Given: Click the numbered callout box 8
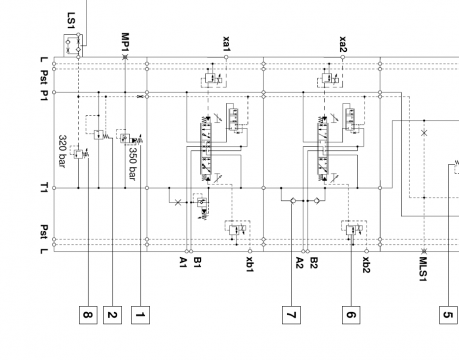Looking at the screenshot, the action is pyautogui.click(x=88, y=315).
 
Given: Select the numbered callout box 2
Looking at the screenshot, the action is pyautogui.click(x=112, y=315).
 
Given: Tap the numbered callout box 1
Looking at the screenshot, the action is pyautogui.click(x=140, y=315).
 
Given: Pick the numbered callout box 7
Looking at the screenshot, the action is pyautogui.click(x=291, y=315).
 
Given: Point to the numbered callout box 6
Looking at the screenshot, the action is pyautogui.click(x=351, y=315).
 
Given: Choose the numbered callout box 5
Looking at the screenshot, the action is pyautogui.click(x=448, y=315).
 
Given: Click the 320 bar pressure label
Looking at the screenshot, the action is pyautogui.click(x=62, y=151).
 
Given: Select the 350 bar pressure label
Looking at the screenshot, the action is pyautogui.click(x=132, y=164).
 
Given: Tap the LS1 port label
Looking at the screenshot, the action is pyautogui.click(x=71, y=20).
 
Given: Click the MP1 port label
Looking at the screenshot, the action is pyautogui.click(x=125, y=42).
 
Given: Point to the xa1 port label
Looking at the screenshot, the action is pyautogui.click(x=226, y=44).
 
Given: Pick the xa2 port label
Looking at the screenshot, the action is pyautogui.click(x=343, y=44).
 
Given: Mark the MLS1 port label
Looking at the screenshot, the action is pyautogui.click(x=423, y=269).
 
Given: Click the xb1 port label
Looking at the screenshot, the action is pyautogui.click(x=250, y=264).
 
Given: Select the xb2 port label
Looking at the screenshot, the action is pyautogui.click(x=366, y=265).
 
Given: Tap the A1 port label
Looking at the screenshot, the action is pyautogui.click(x=183, y=262).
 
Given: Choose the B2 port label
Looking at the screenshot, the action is pyautogui.click(x=314, y=263).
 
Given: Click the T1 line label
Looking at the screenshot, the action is pyautogui.click(x=44, y=188).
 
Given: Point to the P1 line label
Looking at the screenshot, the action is pyautogui.click(x=44, y=95).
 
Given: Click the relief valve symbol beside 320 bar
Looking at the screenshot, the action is pyautogui.click(x=79, y=154).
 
